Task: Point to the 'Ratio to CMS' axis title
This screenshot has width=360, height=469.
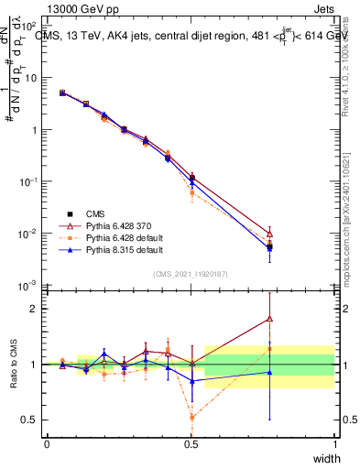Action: tap(12, 365)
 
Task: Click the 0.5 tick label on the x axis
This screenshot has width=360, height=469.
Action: tap(191, 444)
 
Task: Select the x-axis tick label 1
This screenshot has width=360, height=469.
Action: tap(334, 444)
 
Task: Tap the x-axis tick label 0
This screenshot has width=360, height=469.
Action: tap(47, 444)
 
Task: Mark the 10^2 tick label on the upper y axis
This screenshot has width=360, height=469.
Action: tap(30, 25)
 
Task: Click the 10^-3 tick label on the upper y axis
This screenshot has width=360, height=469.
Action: tap(30, 287)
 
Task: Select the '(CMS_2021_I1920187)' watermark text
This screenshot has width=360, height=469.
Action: tap(190, 273)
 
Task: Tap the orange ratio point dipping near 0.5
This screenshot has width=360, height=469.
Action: tap(191, 417)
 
